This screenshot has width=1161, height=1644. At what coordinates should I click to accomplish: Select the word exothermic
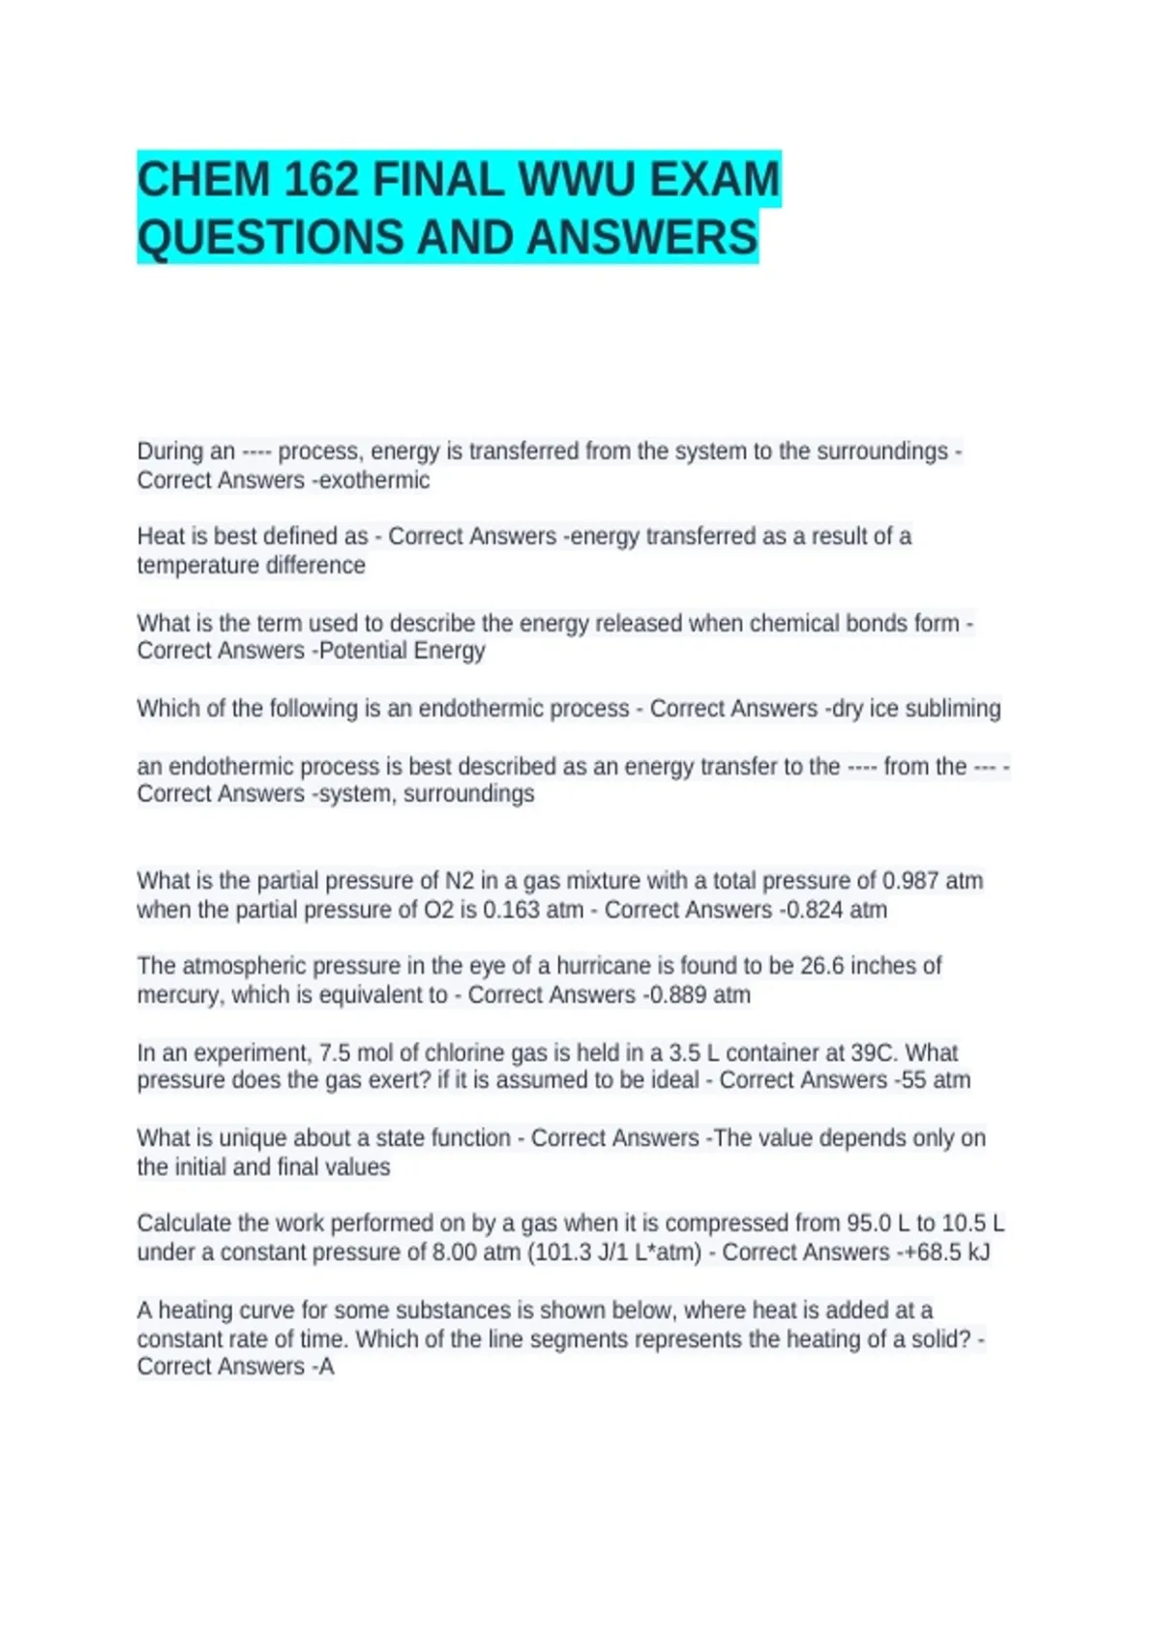tap(374, 481)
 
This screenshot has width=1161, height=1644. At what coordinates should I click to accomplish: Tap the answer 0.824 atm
tap(836, 910)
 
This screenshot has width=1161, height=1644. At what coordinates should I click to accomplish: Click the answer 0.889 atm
tap(700, 995)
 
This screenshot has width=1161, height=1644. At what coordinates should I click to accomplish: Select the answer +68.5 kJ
tap(943, 1252)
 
